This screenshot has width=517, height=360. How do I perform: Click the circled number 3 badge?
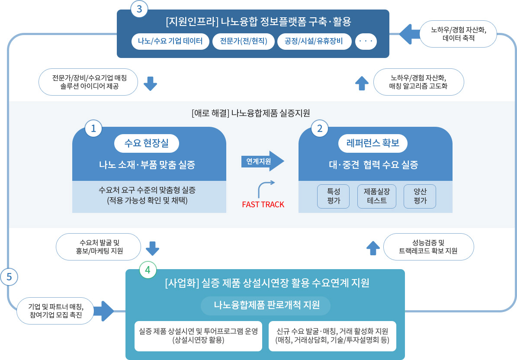[139, 10]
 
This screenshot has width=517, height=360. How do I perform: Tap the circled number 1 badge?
[93, 128]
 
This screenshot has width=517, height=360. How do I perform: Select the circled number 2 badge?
[320, 128]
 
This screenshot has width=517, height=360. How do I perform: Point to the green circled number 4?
[148, 270]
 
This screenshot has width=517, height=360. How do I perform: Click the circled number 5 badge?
[10, 276]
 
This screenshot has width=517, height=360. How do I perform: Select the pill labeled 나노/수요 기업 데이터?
[170, 42]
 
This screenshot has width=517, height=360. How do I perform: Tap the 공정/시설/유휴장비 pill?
[314, 42]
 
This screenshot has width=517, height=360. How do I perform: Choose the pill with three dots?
[366, 42]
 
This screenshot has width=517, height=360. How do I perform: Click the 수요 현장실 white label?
[146, 143]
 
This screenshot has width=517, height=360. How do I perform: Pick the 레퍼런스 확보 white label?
[373, 143]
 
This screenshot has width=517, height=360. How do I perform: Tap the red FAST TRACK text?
[263, 205]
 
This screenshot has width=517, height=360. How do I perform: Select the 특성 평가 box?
[333, 196]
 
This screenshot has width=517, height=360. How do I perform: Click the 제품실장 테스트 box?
[376, 196]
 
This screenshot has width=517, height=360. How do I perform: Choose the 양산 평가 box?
[420, 196]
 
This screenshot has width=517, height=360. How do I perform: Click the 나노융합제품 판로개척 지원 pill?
[266, 305]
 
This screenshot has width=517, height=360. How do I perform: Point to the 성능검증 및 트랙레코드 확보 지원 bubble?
[428, 247]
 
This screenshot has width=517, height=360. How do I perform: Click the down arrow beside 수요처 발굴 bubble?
[152, 248]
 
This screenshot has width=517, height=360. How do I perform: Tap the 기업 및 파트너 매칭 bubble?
[55, 311]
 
